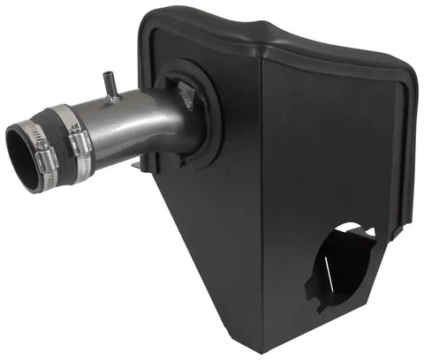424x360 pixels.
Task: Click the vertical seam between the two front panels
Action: click(261, 203)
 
